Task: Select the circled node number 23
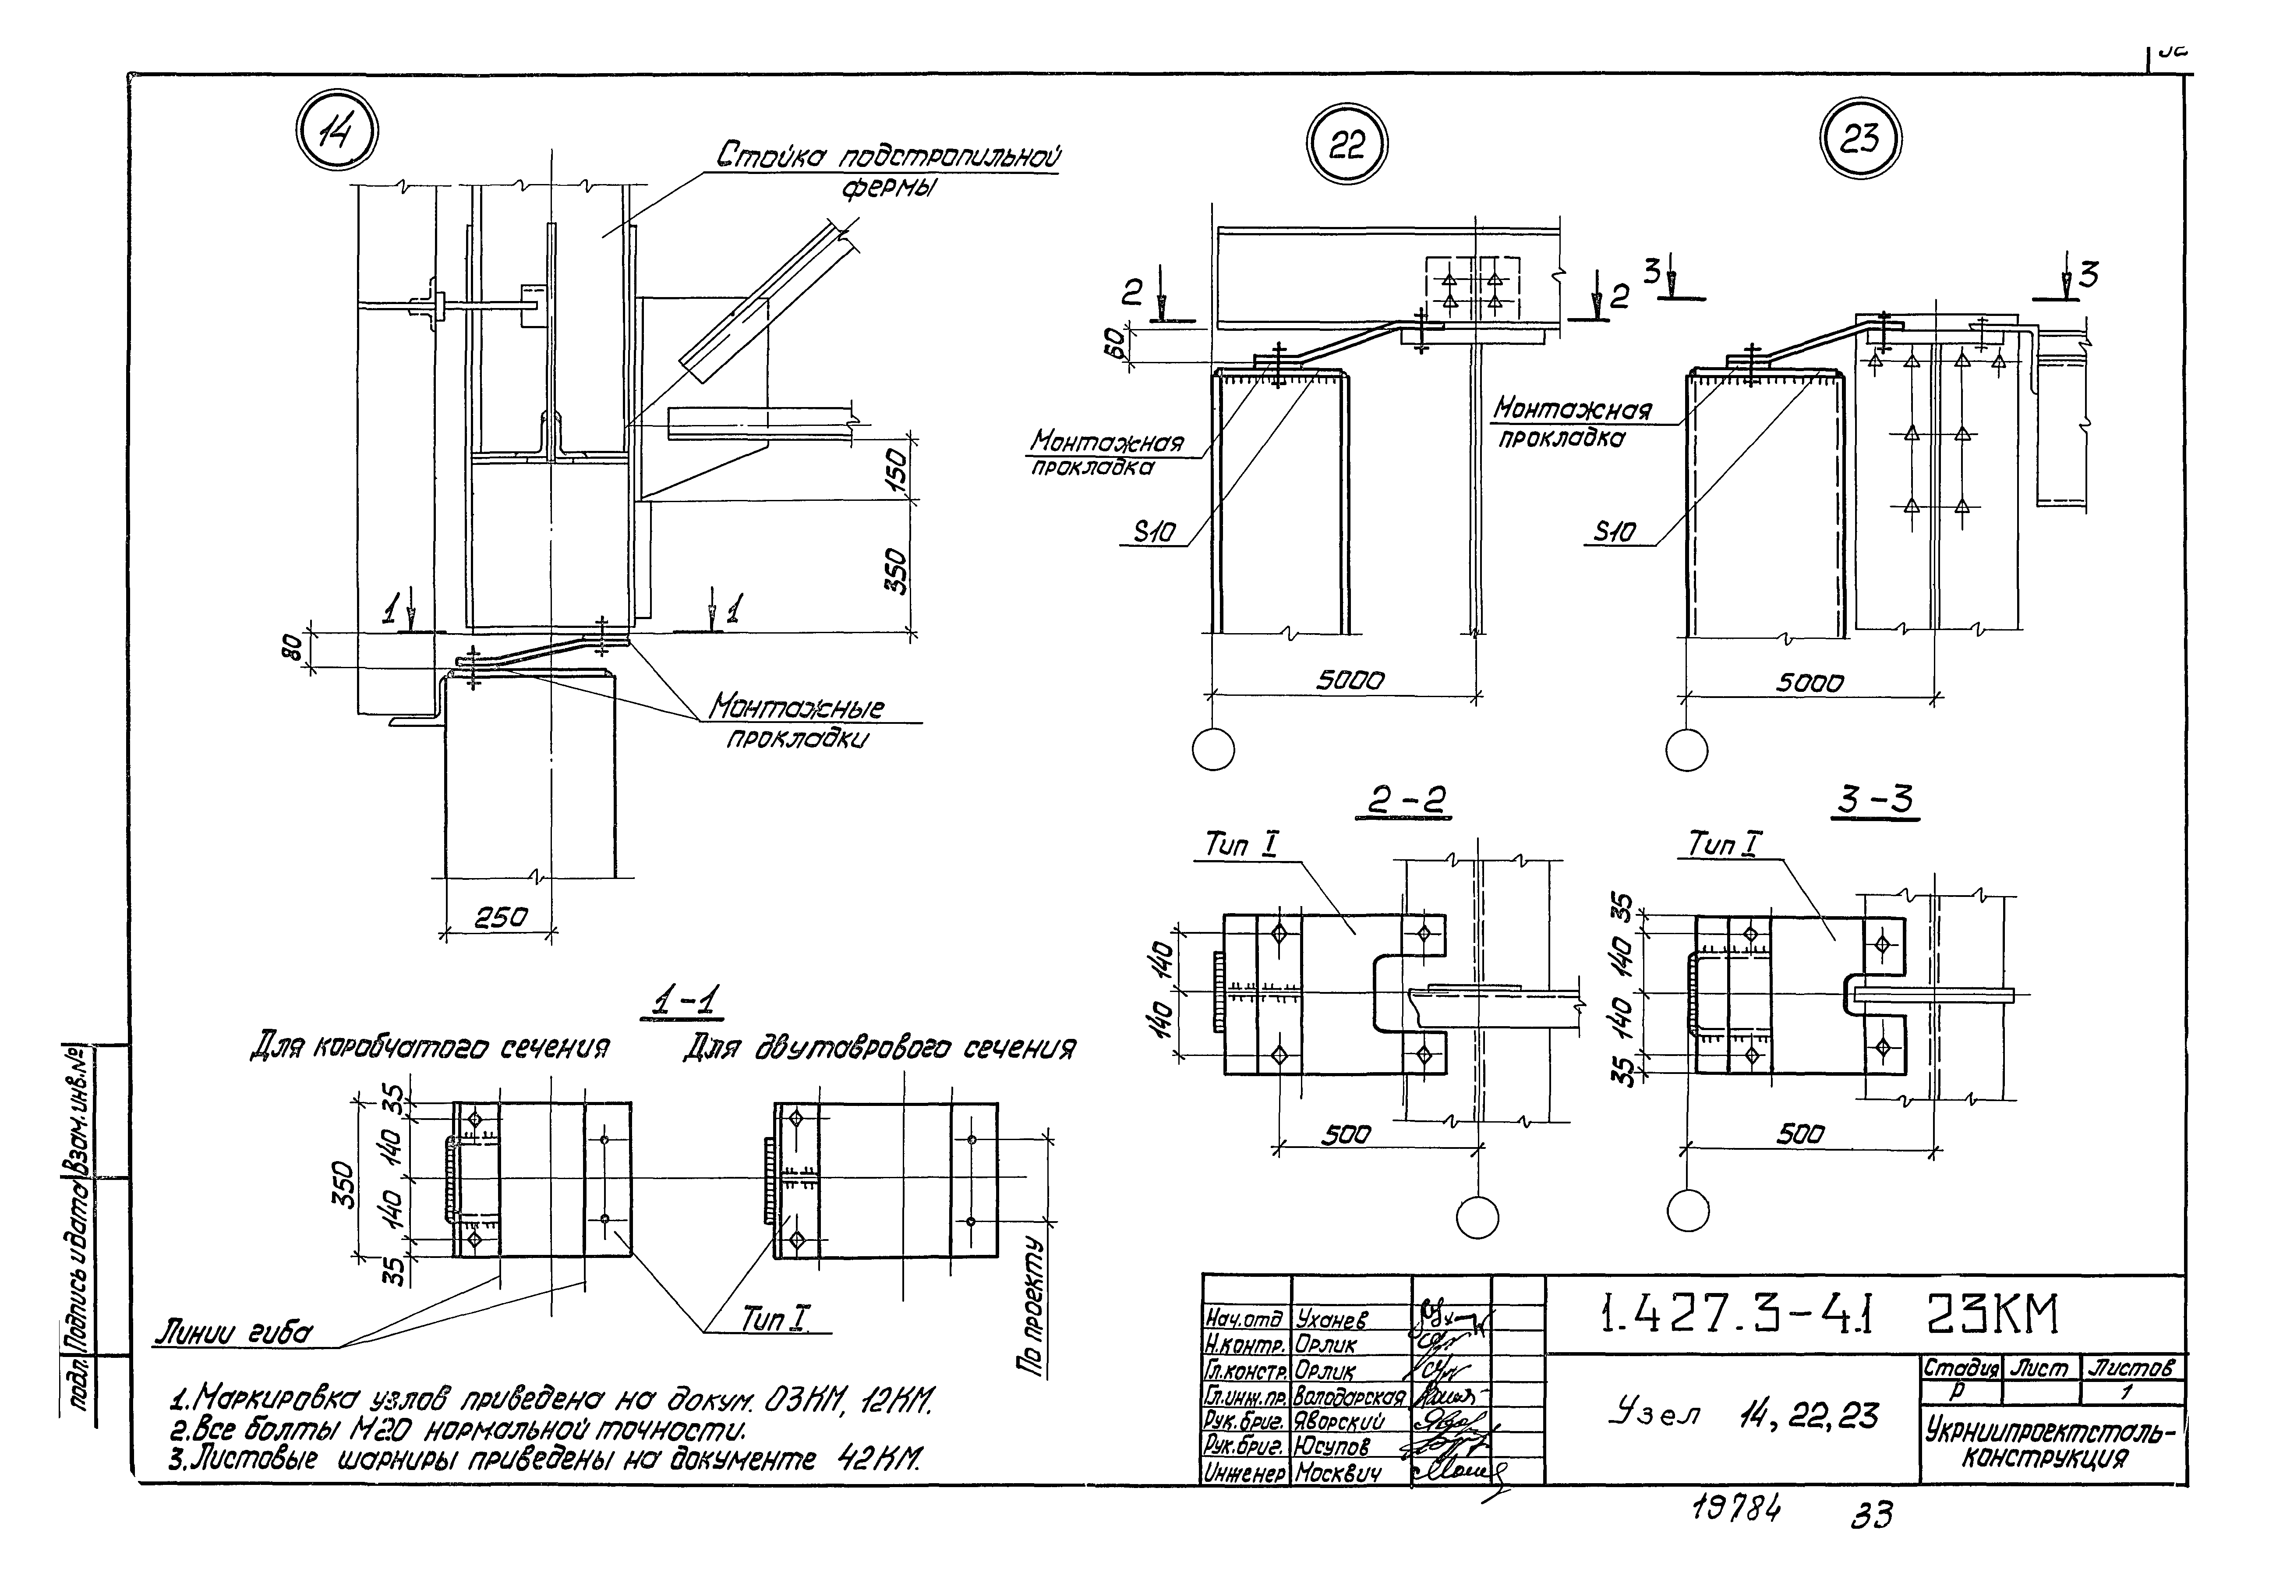click(x=1859, y=139)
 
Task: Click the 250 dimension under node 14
click(x=501, y=918)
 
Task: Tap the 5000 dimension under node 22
click(x=1350, y=680)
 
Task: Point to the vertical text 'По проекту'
click(x=1032, y=1306)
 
